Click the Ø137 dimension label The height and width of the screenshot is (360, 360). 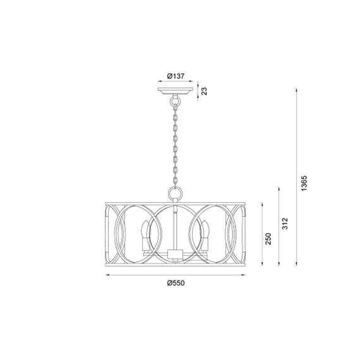[x=176, y=76]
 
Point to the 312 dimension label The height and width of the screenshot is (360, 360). [x=285, y=224]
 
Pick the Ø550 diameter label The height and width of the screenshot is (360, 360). [x=176, y=282]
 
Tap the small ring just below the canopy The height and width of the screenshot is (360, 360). [x=176, y=102]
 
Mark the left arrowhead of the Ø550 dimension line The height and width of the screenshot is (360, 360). [x=105, y=275]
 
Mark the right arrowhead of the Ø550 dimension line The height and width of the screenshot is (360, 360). [x=246, y=275]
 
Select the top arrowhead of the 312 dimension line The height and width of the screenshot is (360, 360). [x=279, y=187]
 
